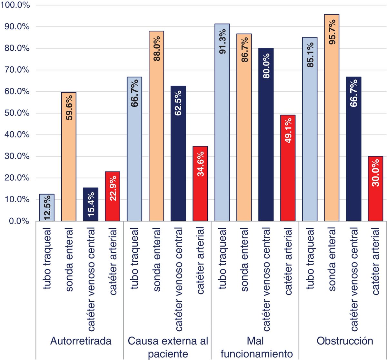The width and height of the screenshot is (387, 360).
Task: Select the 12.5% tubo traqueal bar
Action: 47,208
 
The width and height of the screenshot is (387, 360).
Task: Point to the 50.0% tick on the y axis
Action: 17,113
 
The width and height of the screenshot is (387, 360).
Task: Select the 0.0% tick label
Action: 19,221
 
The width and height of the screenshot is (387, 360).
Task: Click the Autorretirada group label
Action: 81,341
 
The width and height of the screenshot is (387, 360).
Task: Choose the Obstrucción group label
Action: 345,341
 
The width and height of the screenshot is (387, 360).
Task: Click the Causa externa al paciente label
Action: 168,347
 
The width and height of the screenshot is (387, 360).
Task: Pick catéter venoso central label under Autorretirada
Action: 91,279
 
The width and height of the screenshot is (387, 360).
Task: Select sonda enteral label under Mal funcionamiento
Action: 244,260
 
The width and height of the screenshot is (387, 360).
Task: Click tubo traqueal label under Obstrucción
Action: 310,258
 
